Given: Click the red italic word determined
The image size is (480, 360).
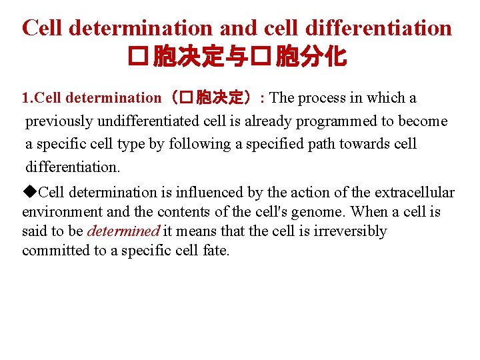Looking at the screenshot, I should [123, 231].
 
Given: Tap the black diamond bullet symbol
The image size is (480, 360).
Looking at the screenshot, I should [28, 192].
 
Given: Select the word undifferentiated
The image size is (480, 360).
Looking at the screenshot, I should [136, 121].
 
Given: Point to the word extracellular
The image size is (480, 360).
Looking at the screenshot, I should [414, 193].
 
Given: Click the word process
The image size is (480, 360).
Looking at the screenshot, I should [322, 98].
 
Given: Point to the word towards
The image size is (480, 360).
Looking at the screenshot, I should [367, 143].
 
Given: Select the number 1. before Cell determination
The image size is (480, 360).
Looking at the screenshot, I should [27, 98].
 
